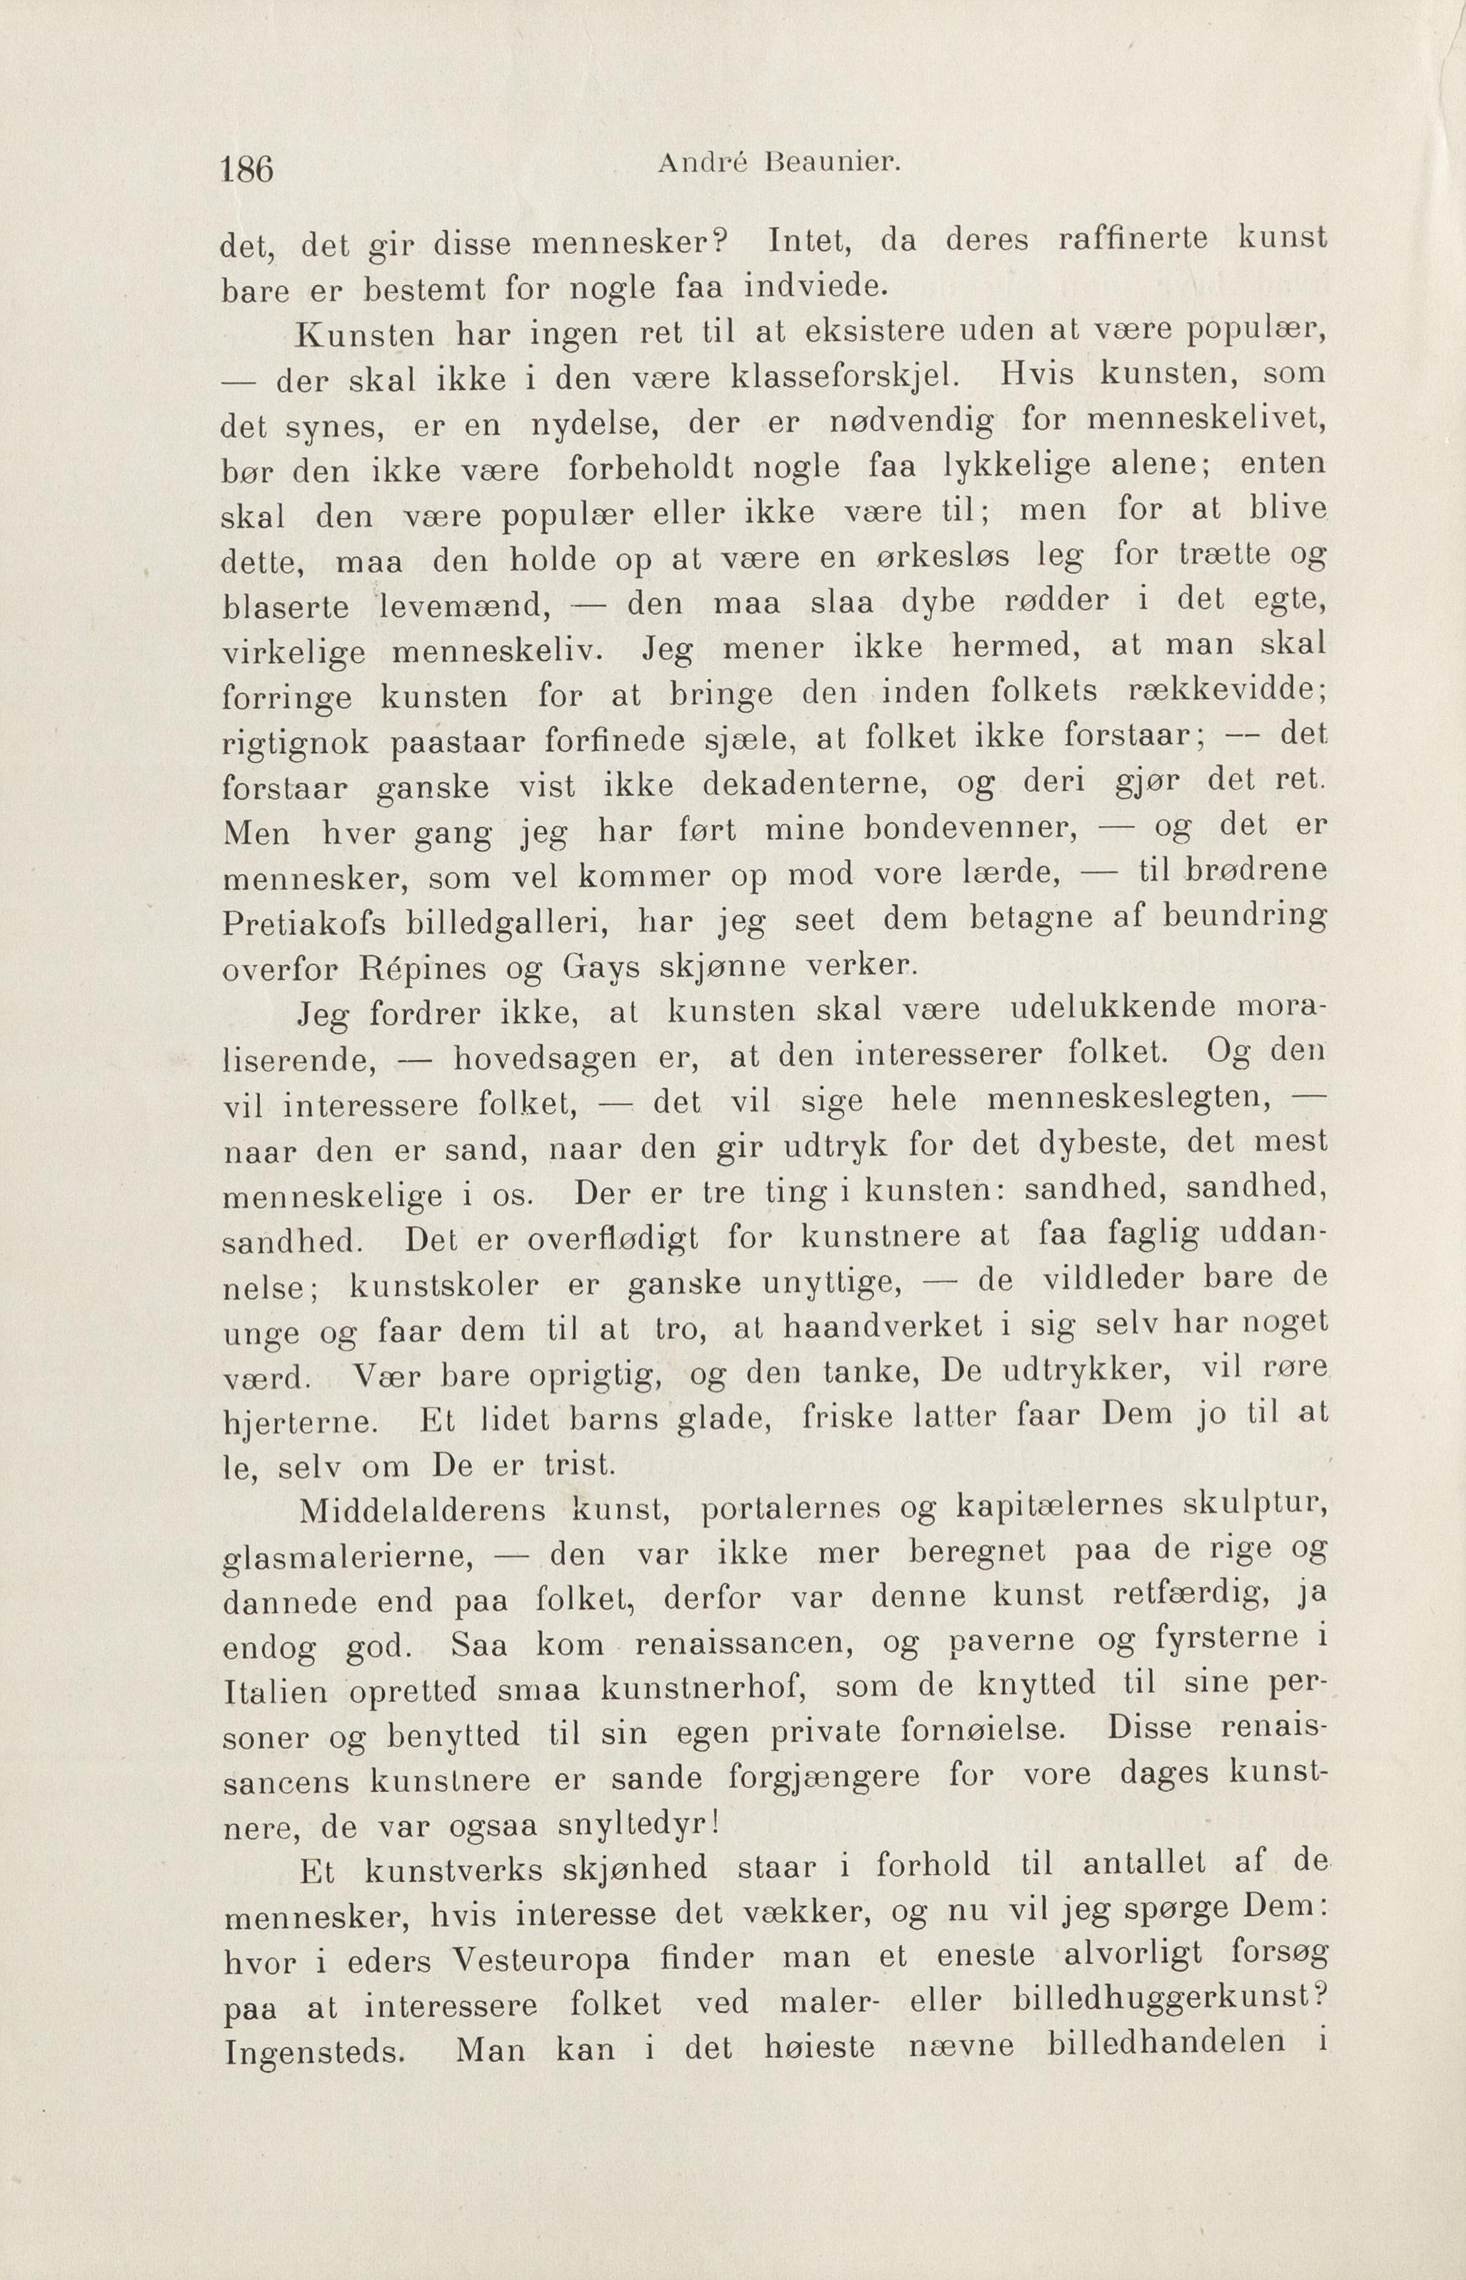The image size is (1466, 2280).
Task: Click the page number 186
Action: [247, 169]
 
